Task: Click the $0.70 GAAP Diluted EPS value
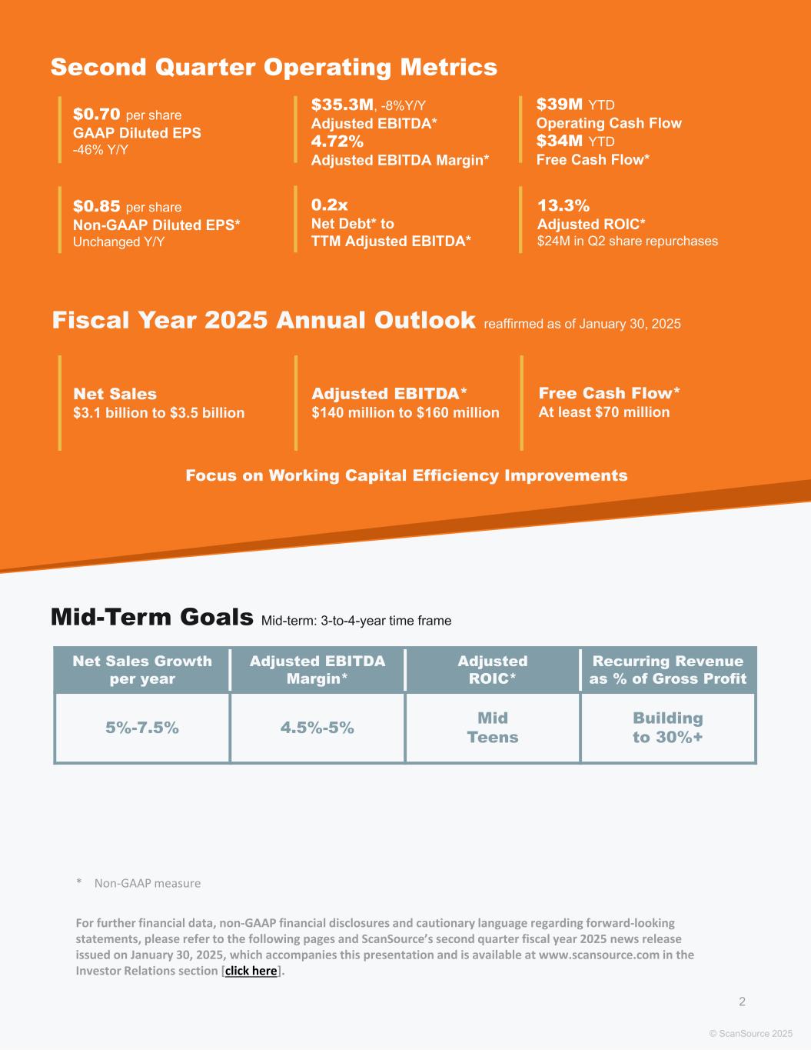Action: pos(97,115)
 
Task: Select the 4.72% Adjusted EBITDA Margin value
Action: pos(337,142)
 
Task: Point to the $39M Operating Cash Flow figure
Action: pos(559,105)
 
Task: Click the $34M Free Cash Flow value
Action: pos(559,141)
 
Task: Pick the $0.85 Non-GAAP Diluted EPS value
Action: pos(97,206)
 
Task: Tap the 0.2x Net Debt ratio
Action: pos(329,205)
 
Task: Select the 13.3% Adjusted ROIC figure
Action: pos(563,205)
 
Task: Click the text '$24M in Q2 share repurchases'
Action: pos(627,242)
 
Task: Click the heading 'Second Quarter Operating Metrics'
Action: pos(274,68)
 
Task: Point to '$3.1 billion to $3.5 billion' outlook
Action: pos(158,413)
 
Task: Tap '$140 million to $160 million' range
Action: pos(405,413)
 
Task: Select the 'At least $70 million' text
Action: pos(603,412)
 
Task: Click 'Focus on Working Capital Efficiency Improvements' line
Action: pos(406,475)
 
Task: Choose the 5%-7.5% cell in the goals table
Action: pos(142,728)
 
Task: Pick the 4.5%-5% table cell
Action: pos(317,728)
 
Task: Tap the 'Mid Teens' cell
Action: pos(493,728)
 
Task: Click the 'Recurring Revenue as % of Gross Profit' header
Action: pos(667,670)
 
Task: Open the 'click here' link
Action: pos(251,971)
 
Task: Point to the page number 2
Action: pos(742,1002)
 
